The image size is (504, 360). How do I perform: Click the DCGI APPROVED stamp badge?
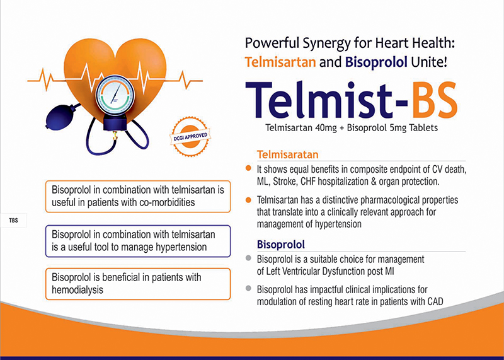(190, 137)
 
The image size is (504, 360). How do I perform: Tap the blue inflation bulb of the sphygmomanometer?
(60, 116)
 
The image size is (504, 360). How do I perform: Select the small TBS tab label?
(13, 221)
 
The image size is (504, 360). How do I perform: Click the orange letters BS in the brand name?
(435, 100)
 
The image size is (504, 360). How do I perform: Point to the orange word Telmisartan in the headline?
(280, 62)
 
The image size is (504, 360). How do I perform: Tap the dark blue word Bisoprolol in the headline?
(376, 62)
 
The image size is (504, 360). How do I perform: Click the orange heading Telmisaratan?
(288, 154)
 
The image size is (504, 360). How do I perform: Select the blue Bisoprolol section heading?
(281, 245)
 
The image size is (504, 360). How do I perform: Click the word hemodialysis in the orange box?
(77, 289)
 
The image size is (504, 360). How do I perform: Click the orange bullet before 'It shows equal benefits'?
(248, 168)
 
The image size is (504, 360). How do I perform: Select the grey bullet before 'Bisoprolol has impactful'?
(248, 288)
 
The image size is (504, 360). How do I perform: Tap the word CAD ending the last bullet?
(435, 301)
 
